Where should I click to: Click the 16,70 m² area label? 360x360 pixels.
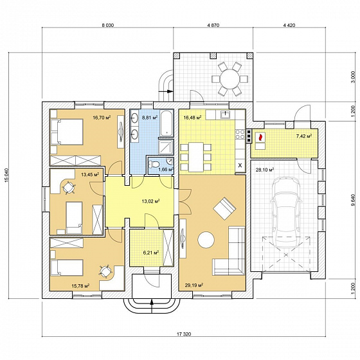102,118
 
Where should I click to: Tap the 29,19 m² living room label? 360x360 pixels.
194,285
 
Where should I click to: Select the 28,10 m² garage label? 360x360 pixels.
265,170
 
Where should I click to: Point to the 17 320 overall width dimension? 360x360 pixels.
184,334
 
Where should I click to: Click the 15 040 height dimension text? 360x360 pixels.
6,175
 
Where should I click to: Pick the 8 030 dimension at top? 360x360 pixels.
108,25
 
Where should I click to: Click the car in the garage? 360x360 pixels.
286,212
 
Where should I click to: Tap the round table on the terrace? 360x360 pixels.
230,78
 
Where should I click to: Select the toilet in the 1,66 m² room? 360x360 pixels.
154,165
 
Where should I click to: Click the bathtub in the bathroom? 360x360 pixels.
166,123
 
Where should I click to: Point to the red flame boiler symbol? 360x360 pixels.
260,138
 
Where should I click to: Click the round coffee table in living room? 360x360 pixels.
206,240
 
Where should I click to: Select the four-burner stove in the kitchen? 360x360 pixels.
240,134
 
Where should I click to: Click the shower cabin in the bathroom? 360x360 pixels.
166,147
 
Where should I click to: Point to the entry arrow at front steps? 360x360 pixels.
152,306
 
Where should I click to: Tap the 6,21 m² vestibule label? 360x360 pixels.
151,253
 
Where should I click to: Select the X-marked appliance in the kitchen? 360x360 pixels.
240,165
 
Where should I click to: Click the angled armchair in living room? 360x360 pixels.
224,209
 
